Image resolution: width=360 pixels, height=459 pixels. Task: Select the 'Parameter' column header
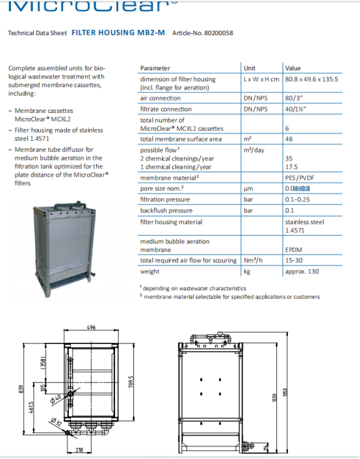[155, 68]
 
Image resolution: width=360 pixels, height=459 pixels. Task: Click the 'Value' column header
[292, 68]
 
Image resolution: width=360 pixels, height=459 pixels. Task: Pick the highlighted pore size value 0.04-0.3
[297, 188]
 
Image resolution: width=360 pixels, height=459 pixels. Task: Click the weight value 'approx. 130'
[301, 272]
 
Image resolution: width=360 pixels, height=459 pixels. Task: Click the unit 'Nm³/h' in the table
[253, 261]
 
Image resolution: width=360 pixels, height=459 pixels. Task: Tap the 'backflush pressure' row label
[166, 210]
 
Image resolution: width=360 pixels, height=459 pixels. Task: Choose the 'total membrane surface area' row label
[181, 139]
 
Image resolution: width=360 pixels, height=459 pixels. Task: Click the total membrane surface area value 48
[289, 139]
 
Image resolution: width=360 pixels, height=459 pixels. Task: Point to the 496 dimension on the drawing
[92, 329]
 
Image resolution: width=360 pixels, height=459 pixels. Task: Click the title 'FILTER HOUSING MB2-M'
[118, 32]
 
